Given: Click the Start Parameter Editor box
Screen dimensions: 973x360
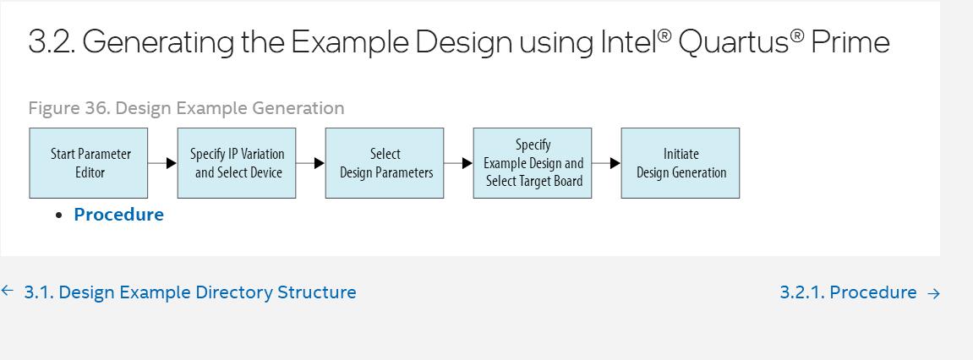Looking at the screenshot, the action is click(x=88, y=163).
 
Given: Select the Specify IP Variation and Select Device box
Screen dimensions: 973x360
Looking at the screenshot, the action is click(x=237, y=163).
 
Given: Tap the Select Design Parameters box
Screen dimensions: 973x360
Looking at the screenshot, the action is click(x=384, y=163).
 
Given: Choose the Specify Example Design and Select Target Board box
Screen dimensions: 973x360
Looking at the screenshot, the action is click(x=533, y=163).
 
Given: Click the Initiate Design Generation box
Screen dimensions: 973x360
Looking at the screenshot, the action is click(x=681, y=163).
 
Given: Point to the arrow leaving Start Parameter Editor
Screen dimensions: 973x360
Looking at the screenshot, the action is click(x=162, y=163).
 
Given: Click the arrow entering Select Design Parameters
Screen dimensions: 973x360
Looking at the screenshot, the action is click(x=310, y=163).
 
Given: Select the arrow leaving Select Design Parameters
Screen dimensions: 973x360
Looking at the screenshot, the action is click(x=458, y=163).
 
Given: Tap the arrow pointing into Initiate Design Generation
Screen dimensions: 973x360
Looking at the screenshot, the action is click(x=606, y=163).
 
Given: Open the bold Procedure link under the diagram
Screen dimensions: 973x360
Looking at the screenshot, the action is click(x=118, y=214).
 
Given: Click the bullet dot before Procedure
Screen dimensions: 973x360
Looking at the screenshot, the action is click(x=59, y=215).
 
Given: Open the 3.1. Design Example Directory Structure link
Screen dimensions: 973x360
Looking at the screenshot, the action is click(x=190, y=292).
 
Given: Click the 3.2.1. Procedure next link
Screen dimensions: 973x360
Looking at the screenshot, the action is click(x=848, y=292).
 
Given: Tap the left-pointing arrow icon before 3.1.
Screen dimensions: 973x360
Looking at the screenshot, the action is click(x=8, y=291).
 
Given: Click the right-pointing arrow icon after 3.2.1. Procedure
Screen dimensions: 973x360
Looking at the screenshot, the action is click(x=933, y=293).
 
